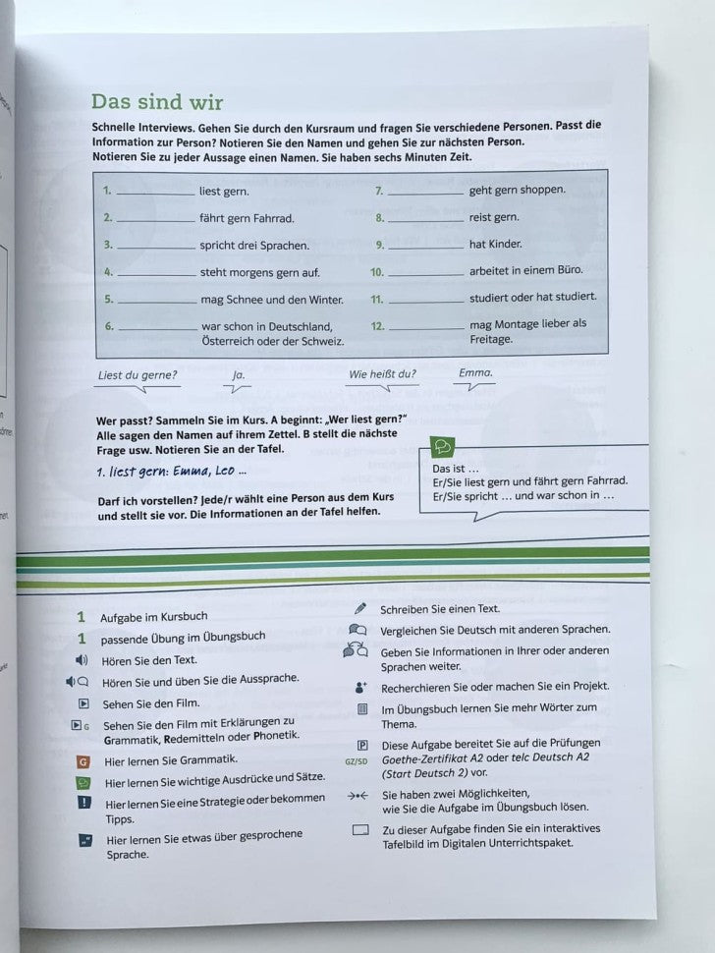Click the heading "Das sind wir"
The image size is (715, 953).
[x=157, y=102]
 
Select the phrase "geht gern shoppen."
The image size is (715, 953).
[x=518, y=191]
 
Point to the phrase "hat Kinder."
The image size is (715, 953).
[x=496, y=244]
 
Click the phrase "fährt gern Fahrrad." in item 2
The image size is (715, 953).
[x=247, y=218]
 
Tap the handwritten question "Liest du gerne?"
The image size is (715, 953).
[x=138, y=374]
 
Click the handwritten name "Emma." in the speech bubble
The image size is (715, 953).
[x=475, y=373]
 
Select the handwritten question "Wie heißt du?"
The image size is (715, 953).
[x=382, y=374]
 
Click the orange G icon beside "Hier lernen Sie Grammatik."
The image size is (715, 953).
[x=83, y=760]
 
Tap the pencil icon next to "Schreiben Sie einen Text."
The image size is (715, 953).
[x=359, y=609]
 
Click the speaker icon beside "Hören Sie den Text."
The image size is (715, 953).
[x=82, y=660]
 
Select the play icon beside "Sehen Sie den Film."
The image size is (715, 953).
[x=83, y=703]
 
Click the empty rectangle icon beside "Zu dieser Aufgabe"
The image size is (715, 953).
[x=359, y=830]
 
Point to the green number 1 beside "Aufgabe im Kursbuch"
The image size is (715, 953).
[x=82, y=617]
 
